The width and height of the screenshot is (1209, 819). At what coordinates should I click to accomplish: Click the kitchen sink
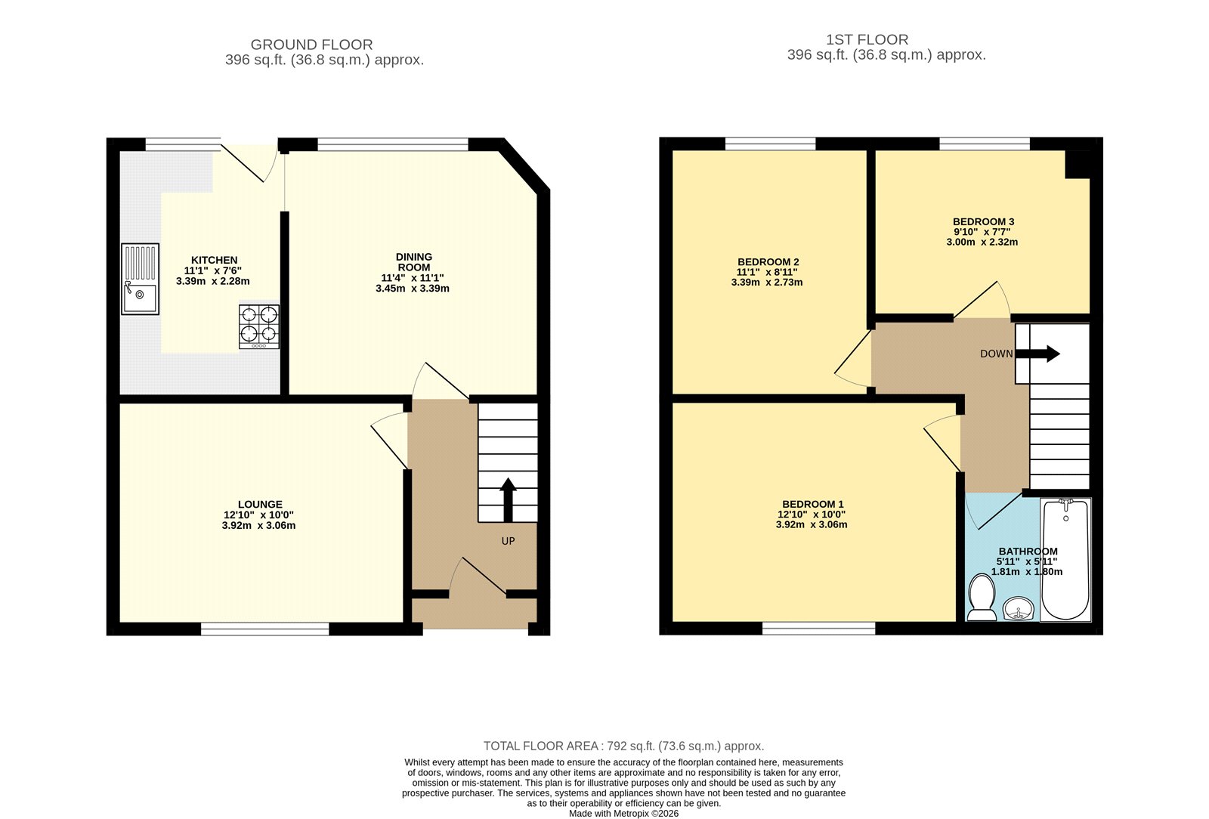pos(141,279)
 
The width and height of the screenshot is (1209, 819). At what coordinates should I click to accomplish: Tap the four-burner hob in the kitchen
pos(260,326)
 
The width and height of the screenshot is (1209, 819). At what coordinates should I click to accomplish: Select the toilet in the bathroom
pos(982,598)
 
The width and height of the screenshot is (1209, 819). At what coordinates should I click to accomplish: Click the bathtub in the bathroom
pos(1065,559)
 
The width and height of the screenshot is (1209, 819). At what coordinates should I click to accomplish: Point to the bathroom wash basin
pos(1018,609)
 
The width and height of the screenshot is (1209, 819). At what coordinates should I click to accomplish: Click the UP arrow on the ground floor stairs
pos(508,499)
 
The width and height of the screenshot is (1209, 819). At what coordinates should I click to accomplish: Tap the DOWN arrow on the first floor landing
pos(1037,354)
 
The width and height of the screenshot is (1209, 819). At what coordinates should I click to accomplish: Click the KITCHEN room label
pos(215,260)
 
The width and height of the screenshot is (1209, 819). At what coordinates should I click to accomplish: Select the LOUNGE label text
pos(260,505)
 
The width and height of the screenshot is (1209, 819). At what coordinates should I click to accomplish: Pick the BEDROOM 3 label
pos(983,221)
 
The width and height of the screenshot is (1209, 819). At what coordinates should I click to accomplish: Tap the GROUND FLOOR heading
pos(311,45)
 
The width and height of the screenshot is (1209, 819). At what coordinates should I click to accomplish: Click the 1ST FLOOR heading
pos(867,39)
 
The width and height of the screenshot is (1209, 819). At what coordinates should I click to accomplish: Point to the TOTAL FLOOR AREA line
pos(623,746)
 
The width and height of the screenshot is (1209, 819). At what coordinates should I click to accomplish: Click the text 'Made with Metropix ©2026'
pos(623,814)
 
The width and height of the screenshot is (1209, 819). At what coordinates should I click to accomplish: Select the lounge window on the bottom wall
pos(265,629)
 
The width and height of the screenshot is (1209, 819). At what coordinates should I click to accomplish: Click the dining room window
pos(393,144)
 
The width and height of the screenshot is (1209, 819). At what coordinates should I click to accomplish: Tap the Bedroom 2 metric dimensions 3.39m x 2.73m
pos(767,282)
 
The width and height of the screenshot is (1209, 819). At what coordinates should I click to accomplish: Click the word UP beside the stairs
pos(508,541)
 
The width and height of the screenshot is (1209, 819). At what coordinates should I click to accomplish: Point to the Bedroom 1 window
pos(819,628)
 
